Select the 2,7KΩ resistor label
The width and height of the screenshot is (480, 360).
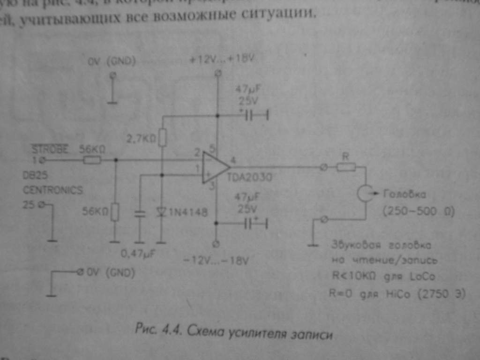142,138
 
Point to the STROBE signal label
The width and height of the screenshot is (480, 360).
50,149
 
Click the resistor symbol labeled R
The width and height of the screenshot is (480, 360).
346,167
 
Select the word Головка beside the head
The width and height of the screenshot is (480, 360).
405,193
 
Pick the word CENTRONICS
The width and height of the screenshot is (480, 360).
52,190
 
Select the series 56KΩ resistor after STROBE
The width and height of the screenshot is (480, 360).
92,160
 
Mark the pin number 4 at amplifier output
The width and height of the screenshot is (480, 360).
232,159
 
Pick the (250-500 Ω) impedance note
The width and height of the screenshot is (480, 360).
419,211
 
